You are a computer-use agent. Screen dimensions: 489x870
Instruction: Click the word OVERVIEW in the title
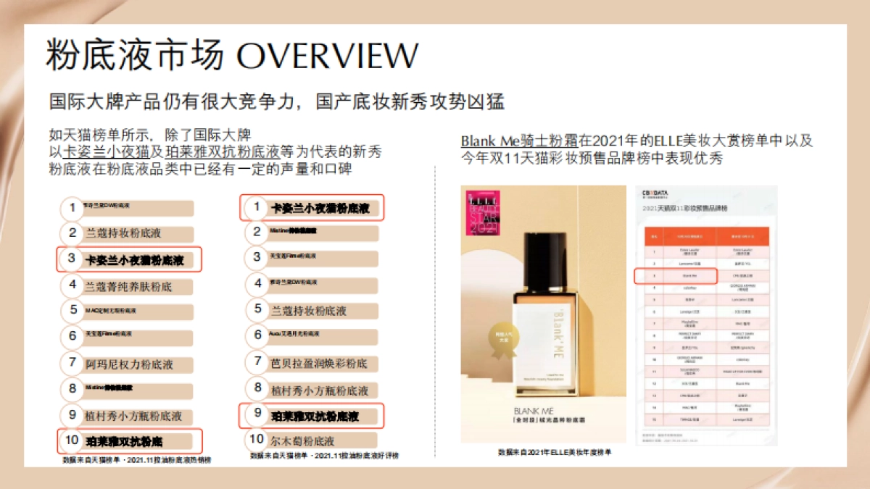pyautogui.click(x=328, y=57)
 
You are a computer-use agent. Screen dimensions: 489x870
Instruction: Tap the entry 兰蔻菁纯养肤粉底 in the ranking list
pyautogui.click(x=128, y=286)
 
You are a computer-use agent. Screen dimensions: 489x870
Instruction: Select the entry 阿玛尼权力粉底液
pyautogui.click(x=129, y=364)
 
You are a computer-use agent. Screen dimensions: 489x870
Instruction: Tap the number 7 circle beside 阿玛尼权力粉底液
pyautogui.click(x=72, y=363)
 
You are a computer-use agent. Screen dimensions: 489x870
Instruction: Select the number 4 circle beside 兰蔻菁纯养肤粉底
pyautogui.click(x=72, y=285)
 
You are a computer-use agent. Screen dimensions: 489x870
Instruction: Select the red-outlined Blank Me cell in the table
pyautogui.click(x=676, y=276)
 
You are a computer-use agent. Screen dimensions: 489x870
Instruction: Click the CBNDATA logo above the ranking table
pyautogui.click(x=655, y=193)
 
